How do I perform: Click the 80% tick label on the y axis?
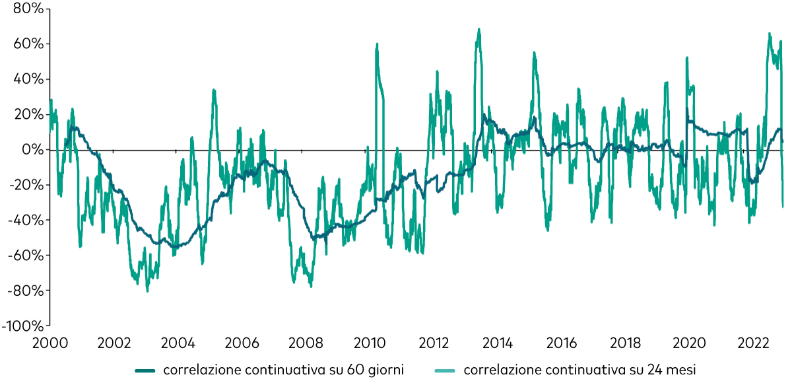click(28, 9)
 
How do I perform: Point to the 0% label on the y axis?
click(33, 150)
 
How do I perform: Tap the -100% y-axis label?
click(23, 326)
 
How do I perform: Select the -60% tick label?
click(26, 256)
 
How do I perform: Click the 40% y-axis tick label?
click(28, 79)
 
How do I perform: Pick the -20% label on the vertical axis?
click(26, 185)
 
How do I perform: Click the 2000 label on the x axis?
click(50, 343)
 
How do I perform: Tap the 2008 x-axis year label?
click(306, 343)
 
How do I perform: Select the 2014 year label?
click(498, 343)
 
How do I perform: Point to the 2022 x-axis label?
click(754, 343)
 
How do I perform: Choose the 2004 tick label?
click(178, 343)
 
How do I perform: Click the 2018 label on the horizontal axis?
click(626, 343)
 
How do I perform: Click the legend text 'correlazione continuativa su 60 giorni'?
click(284, 370)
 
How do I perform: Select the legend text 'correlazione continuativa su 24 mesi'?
click(580, 370)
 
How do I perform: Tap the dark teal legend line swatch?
click(145, 371)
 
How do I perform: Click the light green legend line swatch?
click(445, 371)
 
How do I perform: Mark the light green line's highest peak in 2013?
click(479, 29)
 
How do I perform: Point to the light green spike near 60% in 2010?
click(377, 44)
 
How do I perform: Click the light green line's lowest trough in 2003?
click(147, 291)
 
